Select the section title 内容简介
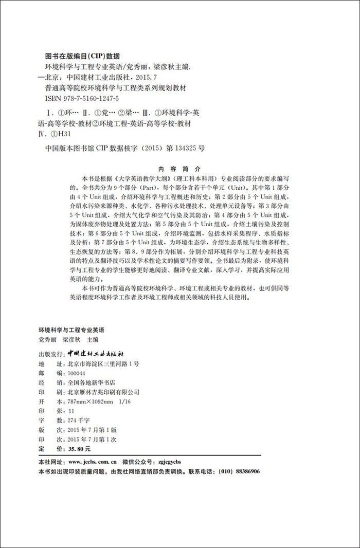tap(180, 168)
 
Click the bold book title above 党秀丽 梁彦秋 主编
tap(71, 330)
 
